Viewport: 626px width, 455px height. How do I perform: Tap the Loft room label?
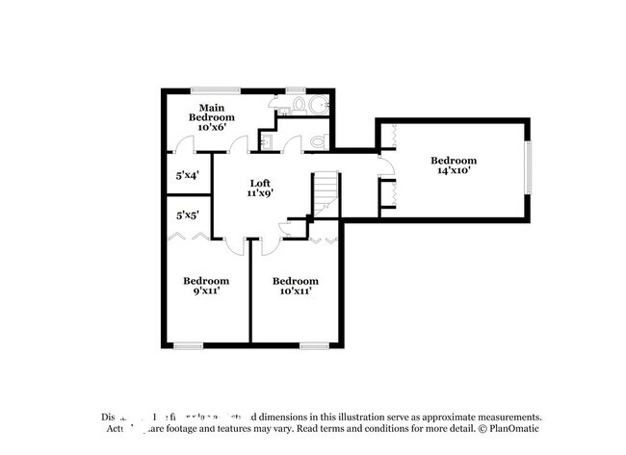click(260, 183)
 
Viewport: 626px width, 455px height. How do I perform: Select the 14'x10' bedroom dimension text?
click(453, 171)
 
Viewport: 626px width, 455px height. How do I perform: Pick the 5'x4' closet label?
click(187, 176)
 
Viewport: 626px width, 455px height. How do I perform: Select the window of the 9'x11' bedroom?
click(188, 344)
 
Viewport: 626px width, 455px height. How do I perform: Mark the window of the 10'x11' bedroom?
click(314, 344)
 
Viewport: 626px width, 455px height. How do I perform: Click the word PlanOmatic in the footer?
click(513, 429)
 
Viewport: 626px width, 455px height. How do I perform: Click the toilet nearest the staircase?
click(318, 143)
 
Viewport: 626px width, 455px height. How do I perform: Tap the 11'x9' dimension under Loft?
click(260, 193)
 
